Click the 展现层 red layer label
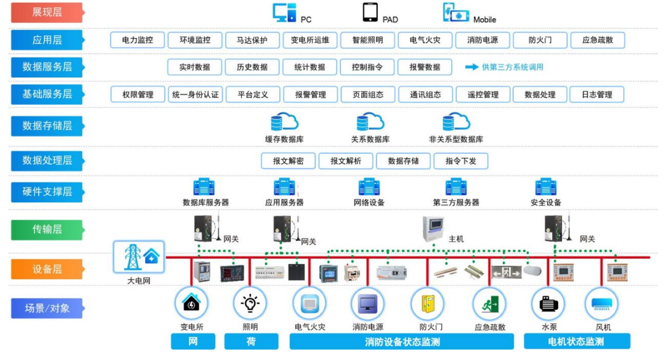coord(47,13)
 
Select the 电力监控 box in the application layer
coord(137,40)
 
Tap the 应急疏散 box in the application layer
coord(597,40)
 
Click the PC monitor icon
coord(284,13)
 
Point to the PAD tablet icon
coord(370,11)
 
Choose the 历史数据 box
coord(252,67)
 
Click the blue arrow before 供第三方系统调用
coord(471,67)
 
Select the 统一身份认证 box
coord(195,95)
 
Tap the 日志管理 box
coord(597,95)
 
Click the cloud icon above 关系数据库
coord(370,122)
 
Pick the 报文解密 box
coord(288,161)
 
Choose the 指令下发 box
coord(461,161)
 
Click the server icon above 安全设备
coord(545,187)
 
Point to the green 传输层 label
coord(47,230)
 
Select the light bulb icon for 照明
coord(250,304)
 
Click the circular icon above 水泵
coord(548,304)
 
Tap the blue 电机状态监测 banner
coord(577,341)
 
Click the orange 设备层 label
coord(47,269)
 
